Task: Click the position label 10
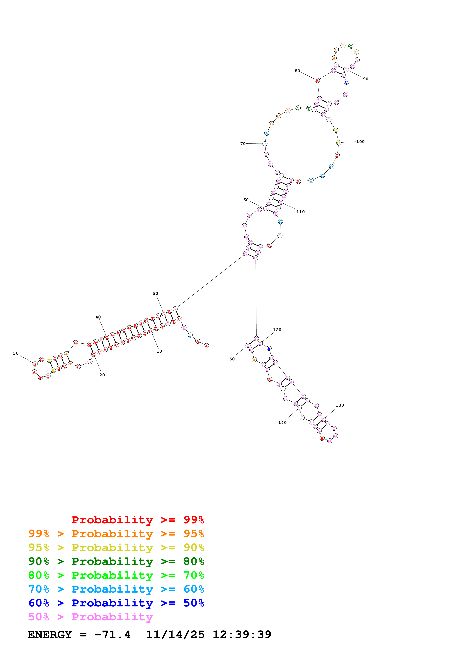click(x=159, y=351)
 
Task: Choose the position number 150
click(x=231, y=359)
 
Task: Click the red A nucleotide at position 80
click(x=317, y=80)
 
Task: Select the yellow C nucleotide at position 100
click(x=339, y=143)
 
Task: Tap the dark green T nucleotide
click(x=309, y=108)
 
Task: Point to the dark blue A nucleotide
click(x=269, y=348)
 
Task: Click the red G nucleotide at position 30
click(x=35, y=364)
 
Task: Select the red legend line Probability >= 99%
click(x=138, y=520)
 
